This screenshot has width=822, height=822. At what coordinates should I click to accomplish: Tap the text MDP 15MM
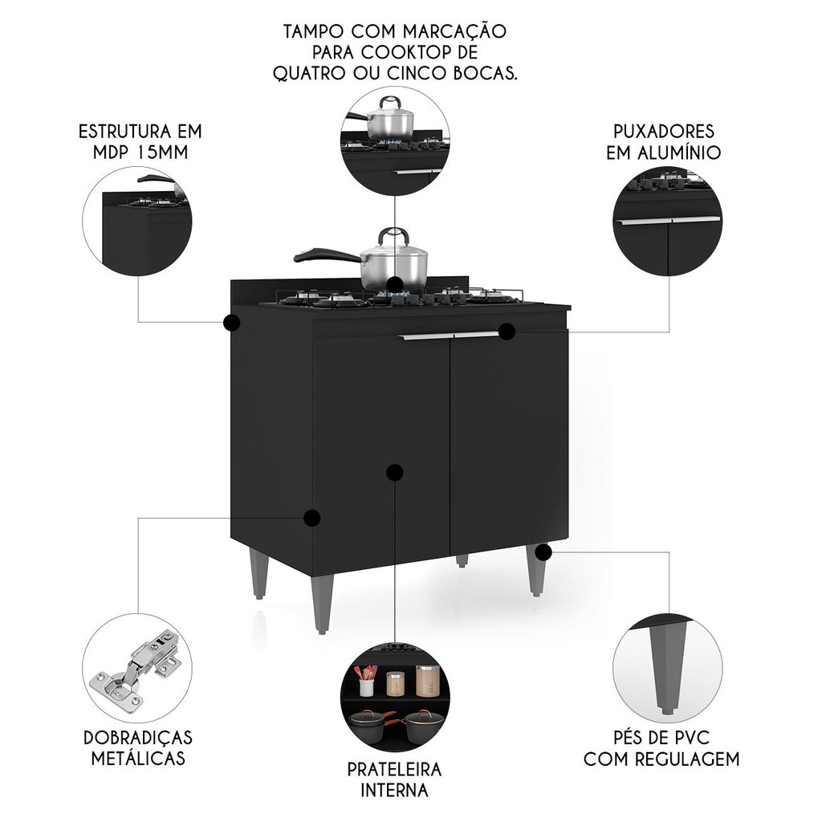[x=140, y=152]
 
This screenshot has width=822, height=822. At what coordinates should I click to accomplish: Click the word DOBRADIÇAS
[x=138, y=738]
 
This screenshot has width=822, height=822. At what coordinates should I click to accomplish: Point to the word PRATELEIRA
[x=394, y=770]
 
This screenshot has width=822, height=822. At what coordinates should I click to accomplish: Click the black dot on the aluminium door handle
[x=507, y=332]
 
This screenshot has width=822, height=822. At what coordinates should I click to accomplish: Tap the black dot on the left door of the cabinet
[x=395, y=472]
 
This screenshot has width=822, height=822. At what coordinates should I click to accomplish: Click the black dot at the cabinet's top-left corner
[x=231, y=323]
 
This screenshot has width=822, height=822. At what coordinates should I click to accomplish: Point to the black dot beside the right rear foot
[x=543, y=551]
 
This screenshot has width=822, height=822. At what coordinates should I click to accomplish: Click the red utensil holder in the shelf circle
[x=366, y=680]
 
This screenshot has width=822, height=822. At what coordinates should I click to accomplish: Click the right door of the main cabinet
[x=508, y=441]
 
